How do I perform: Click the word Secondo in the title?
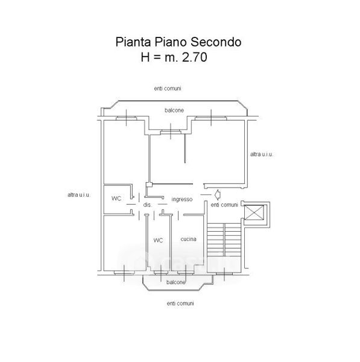216,42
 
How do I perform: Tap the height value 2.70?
194,57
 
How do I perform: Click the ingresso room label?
182,199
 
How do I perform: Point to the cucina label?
188,239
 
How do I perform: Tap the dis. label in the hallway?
148,205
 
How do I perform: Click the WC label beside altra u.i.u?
116,198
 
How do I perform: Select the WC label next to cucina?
158,240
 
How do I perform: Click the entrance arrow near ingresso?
217,195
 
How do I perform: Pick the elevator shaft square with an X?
254,212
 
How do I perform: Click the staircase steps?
224,240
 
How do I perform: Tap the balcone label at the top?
174,110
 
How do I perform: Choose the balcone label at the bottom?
176,282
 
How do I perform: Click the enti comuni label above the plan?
168,89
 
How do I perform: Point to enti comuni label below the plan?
180,303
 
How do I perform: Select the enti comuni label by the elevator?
224,205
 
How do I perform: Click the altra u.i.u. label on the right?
262,154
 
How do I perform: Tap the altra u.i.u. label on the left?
79,195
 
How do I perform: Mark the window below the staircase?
224,273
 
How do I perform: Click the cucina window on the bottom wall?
186,273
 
